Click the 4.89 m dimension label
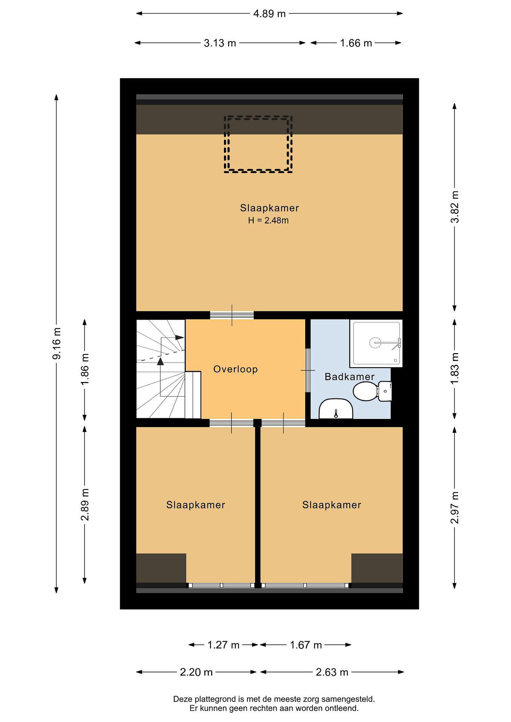coord(269,14)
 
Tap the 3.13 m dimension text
coord(220,43)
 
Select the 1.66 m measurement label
coord(356,43)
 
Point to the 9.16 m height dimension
coord(57,343)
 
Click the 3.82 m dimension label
coord(455,207)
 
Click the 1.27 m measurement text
coord(224,645)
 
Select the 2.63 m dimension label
coord(332,672)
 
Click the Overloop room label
coord(235,369)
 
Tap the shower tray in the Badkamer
coord(376,343)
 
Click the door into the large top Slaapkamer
coord(232,315)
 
